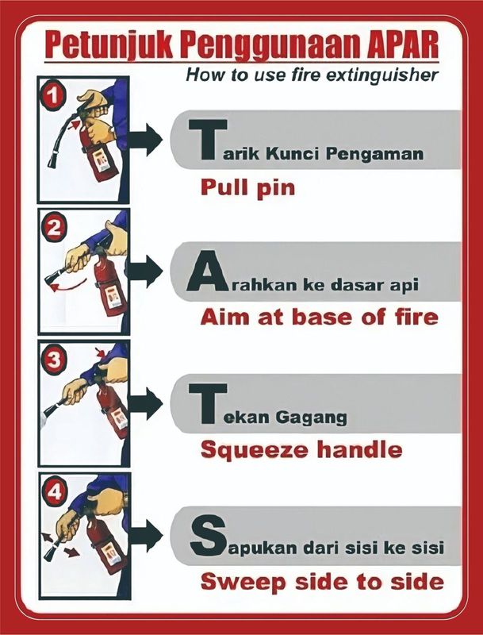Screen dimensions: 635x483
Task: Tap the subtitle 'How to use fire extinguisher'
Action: [312, 75]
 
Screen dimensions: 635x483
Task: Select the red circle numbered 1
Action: [53, 96]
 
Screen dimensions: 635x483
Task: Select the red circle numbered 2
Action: [53, 229]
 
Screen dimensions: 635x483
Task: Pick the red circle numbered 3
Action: [53, 360]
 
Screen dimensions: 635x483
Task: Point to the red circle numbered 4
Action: [53, 492]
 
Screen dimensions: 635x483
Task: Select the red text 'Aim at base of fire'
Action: [318, 317]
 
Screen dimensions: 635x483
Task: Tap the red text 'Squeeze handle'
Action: [301, 450]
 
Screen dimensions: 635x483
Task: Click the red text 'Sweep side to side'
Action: [321, 581]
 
